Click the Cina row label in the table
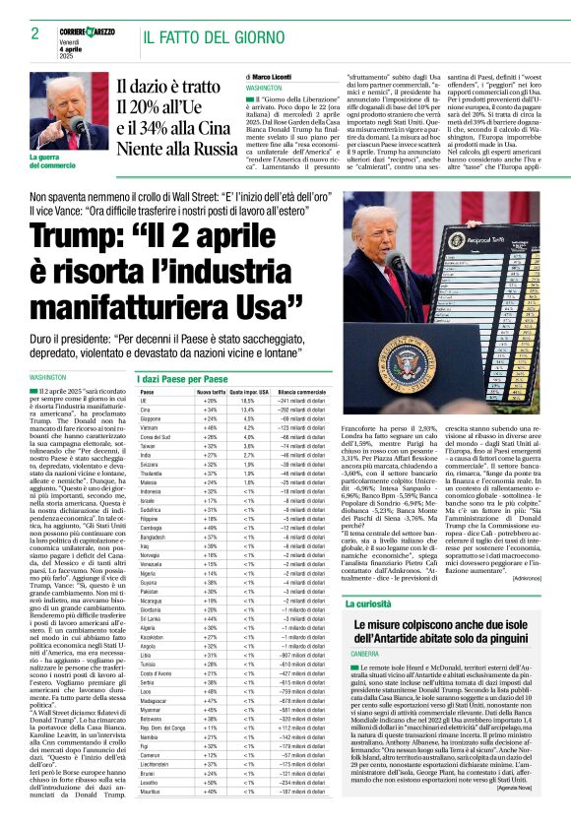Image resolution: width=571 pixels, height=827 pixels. point(147,412)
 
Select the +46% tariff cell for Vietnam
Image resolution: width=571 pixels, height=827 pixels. point(210,429)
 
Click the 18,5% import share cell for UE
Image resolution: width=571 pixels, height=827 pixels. point(248,402)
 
